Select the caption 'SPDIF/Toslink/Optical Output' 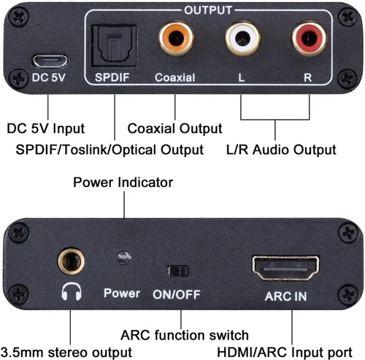[109, 150]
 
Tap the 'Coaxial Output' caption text [174, 129]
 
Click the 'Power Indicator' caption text [123, 183]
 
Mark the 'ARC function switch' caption [183, 335]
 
